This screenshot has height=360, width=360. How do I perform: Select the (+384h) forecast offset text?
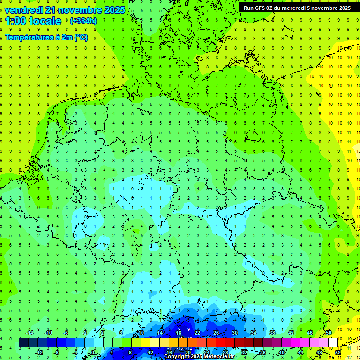(x=83, y=21)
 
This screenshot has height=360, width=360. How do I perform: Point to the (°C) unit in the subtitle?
(x=80, y=37)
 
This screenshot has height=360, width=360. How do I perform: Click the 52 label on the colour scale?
(x=338, y=352)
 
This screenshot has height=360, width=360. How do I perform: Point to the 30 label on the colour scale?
(x=235, y=333)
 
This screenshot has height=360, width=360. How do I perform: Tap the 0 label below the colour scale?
(x=93, y=352)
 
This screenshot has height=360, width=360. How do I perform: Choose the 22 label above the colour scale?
(x=197, y=333)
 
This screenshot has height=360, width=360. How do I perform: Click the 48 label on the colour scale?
(x=319, y=352)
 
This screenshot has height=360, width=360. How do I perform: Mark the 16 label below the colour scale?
(x=169, y=352)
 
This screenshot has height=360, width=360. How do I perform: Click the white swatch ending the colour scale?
(x=333, y=342)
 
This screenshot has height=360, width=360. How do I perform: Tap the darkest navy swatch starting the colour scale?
(x=23, y=342)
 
